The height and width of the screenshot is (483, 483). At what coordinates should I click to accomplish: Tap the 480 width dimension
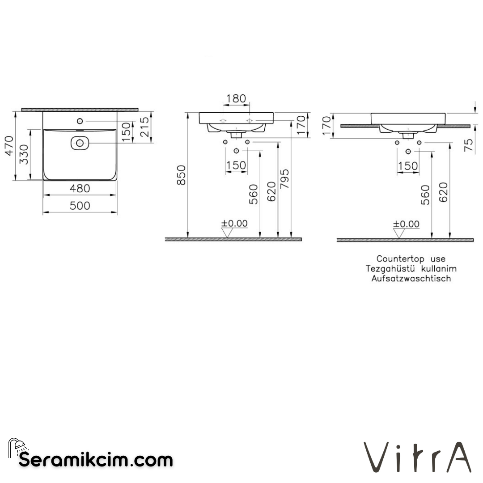pyautogui.click(x=80, y=189)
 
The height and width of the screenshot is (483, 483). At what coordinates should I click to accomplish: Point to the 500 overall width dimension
pyautogui.click(x=80, y=206)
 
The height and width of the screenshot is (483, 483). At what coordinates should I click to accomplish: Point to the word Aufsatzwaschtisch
pyautogui.click(x=411, y=279)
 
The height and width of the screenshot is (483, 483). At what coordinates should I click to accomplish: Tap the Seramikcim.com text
pyautogui.click(x=96, y=459)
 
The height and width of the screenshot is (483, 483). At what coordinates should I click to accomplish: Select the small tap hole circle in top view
pyautogui.click(x=80, y=121)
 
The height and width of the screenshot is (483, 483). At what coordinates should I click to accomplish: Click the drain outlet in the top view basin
pyautogui.click(x=80, y=143)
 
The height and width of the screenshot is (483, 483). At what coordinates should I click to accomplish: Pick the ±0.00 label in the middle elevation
pyautogui.click(x=234, y=224)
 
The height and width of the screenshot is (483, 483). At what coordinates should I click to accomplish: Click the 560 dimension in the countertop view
pyautogui.click(x=425, y=195)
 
